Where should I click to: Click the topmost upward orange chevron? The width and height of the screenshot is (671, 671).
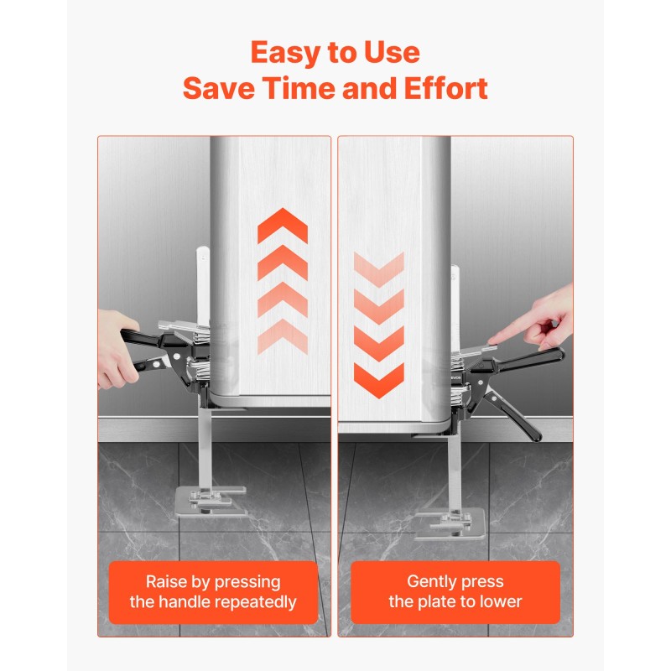pos(283,225)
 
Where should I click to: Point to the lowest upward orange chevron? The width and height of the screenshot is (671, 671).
pos(283,336)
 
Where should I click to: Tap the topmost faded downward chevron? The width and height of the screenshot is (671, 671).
pos(379,270)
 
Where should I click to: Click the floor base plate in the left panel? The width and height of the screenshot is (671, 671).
pos(211,502)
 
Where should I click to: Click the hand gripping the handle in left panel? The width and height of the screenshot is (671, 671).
pos(116,351)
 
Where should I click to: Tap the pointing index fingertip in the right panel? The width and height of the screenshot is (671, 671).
pos(492,340)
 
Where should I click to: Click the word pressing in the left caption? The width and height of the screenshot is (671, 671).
pos(247,583)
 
